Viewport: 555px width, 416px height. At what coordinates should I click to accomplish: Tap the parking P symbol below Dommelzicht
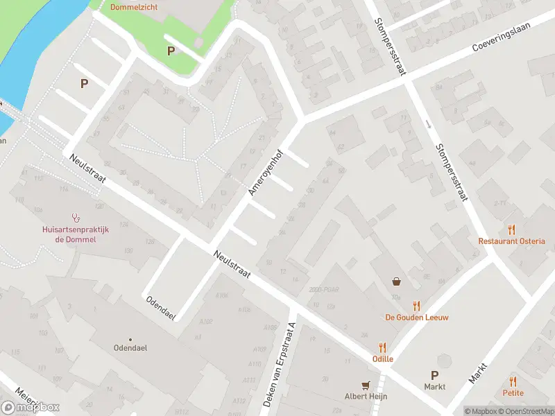pyautogui.click(x=171, y=51)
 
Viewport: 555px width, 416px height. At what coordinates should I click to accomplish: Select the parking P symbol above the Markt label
pyautogui.click(x=435, y=375)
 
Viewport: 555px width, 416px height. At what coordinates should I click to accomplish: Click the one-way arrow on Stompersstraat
pyautogui.click(x=429, y=125)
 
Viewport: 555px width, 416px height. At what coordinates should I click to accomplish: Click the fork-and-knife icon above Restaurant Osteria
pyautogui.click(x=512, y=229)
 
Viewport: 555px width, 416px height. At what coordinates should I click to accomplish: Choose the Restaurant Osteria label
pyautogui.click(x=511, y=241)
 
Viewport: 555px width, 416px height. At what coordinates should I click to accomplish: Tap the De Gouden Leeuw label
pyautogui.click(x=417, y=317)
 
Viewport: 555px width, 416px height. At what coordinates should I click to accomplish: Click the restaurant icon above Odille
pyautogui.click(x=382, y=347)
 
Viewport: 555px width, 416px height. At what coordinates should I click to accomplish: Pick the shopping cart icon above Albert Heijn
pyautogui.click(x=366, y=385)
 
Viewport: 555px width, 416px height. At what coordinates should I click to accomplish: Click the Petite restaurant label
pyautogui.click(x=513, y=393)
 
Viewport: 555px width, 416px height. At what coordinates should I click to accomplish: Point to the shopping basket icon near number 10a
pyautogui.click(x=396, y=281)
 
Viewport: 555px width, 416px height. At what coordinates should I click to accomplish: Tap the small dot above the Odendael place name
pyautogui.click(x=130, y=340)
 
